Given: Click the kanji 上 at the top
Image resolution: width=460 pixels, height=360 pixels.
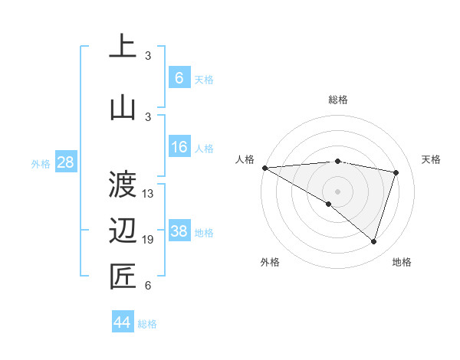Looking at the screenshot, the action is [123, 47].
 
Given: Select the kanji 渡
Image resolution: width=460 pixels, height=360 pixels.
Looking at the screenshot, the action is [123, 184].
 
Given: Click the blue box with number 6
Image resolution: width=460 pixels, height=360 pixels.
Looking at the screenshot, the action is [179, 78].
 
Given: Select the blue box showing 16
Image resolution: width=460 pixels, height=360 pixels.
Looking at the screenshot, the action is [179, 148].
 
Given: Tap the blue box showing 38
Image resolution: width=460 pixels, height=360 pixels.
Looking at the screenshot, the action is [179, 232].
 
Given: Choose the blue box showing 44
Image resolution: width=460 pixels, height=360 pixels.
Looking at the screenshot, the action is [123, 323].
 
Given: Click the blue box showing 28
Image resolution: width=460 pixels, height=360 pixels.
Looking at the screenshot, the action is [65, 163].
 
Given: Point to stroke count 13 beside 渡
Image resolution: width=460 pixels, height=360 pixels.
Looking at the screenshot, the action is [148, 194].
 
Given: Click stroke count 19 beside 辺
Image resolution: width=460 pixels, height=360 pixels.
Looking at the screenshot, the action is [148, 241].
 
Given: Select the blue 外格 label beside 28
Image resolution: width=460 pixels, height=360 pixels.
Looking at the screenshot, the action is [41, 164].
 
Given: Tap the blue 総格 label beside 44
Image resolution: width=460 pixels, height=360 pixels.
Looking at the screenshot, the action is [147, 324].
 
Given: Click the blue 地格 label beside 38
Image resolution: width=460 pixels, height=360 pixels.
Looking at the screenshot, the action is [204, 233].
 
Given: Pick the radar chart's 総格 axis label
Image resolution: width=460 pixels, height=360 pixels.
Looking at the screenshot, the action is [337, 100].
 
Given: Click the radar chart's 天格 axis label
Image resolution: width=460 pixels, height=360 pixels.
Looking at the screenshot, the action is [432, 159].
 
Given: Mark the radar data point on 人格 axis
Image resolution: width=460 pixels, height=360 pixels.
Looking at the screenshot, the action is [264, 168].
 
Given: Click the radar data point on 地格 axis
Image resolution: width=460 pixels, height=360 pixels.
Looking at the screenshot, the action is [373, 242].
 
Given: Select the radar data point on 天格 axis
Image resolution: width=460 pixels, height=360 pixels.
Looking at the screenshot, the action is [396, 172].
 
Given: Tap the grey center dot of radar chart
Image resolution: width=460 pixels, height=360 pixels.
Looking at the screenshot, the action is [337, 190].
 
